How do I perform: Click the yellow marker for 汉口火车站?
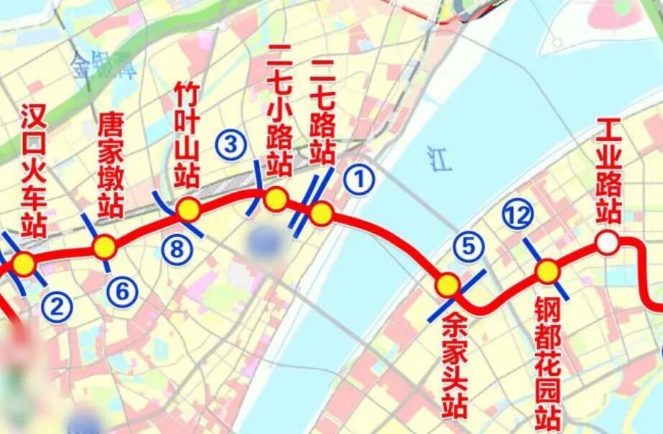tap(24, 264)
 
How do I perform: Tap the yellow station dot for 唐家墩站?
tap(104, 247)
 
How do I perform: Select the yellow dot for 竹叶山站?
tap(188, 209)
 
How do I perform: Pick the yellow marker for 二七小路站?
tap(275, 199)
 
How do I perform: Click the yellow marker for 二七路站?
tap(321, 213)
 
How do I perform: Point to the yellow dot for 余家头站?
tap(447, 285)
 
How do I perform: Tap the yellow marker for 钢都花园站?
tap(547, 271)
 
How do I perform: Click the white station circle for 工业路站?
tap(608, 243)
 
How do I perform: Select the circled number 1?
tap(359, 179)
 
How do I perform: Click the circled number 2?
tap(56, 308)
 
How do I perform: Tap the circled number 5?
tap(468, 247)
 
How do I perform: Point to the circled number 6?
tap(122, 292)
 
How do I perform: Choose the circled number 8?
tap(177, 249)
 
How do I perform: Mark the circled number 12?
tap(518, 215)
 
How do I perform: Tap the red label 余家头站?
tap(455, 364)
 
